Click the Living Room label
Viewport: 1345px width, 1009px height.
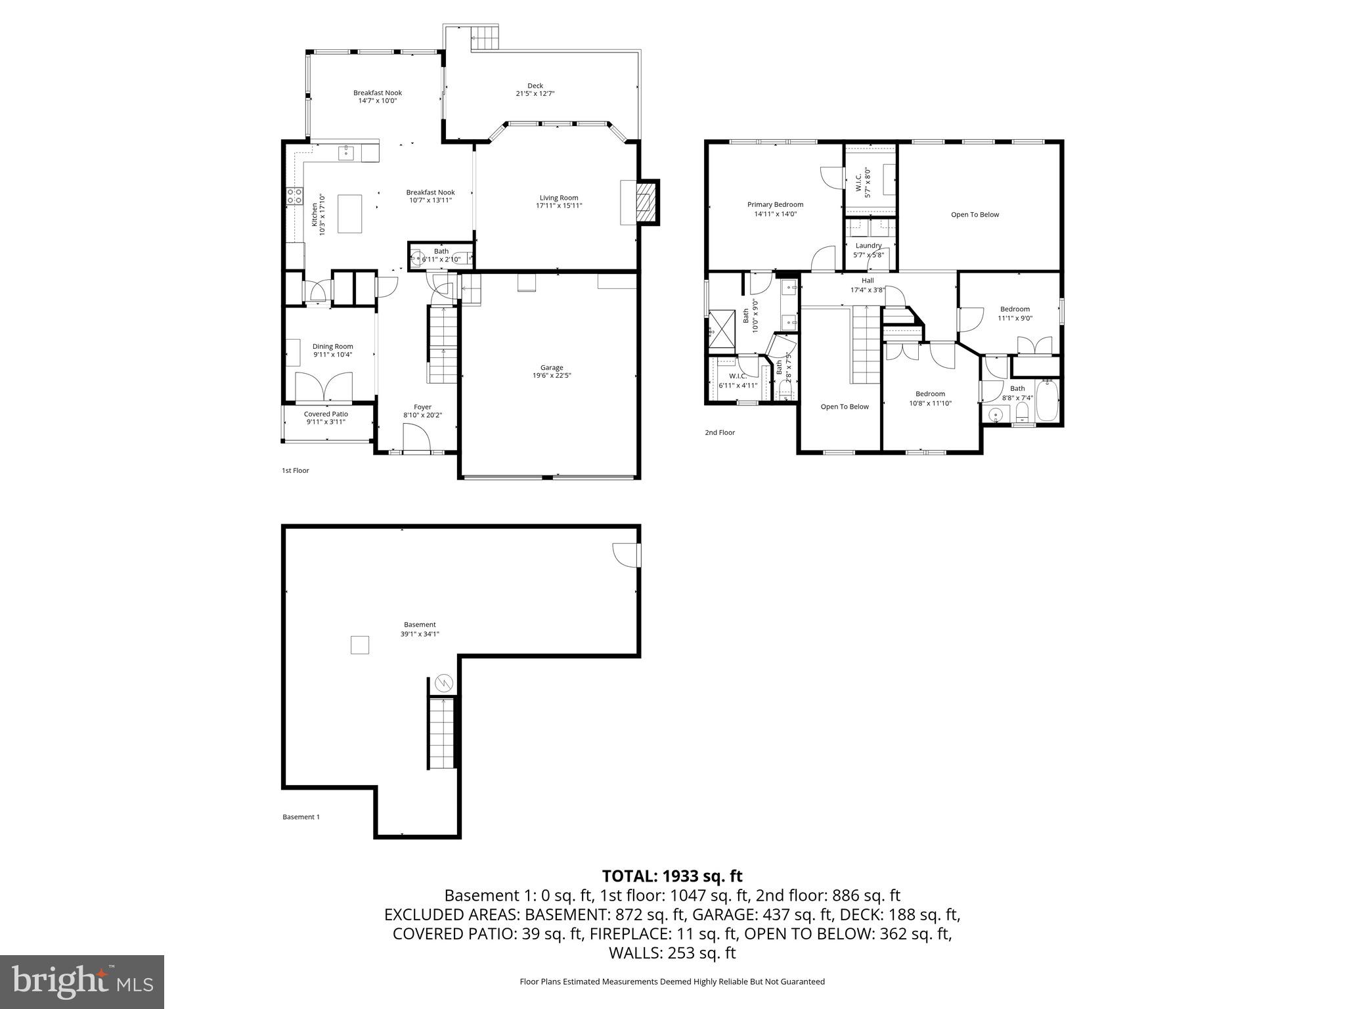559,198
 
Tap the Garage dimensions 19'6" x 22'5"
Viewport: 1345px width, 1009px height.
552,376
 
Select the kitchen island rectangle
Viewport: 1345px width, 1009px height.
349,213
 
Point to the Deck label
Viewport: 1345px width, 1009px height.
535,85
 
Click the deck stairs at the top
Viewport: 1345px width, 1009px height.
487,37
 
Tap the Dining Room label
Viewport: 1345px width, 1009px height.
332,346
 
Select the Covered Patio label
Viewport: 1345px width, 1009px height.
326,414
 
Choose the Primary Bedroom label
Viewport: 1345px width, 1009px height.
775,204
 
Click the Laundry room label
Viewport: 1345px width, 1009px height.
868,246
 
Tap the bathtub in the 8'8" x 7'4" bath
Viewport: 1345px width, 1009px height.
1047,401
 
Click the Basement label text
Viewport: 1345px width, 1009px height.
420,625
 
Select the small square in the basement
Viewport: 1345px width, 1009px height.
359,645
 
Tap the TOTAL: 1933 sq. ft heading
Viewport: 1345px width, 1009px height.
672,876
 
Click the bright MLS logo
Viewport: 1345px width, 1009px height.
82,981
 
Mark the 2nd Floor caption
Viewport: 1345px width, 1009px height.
720,432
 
